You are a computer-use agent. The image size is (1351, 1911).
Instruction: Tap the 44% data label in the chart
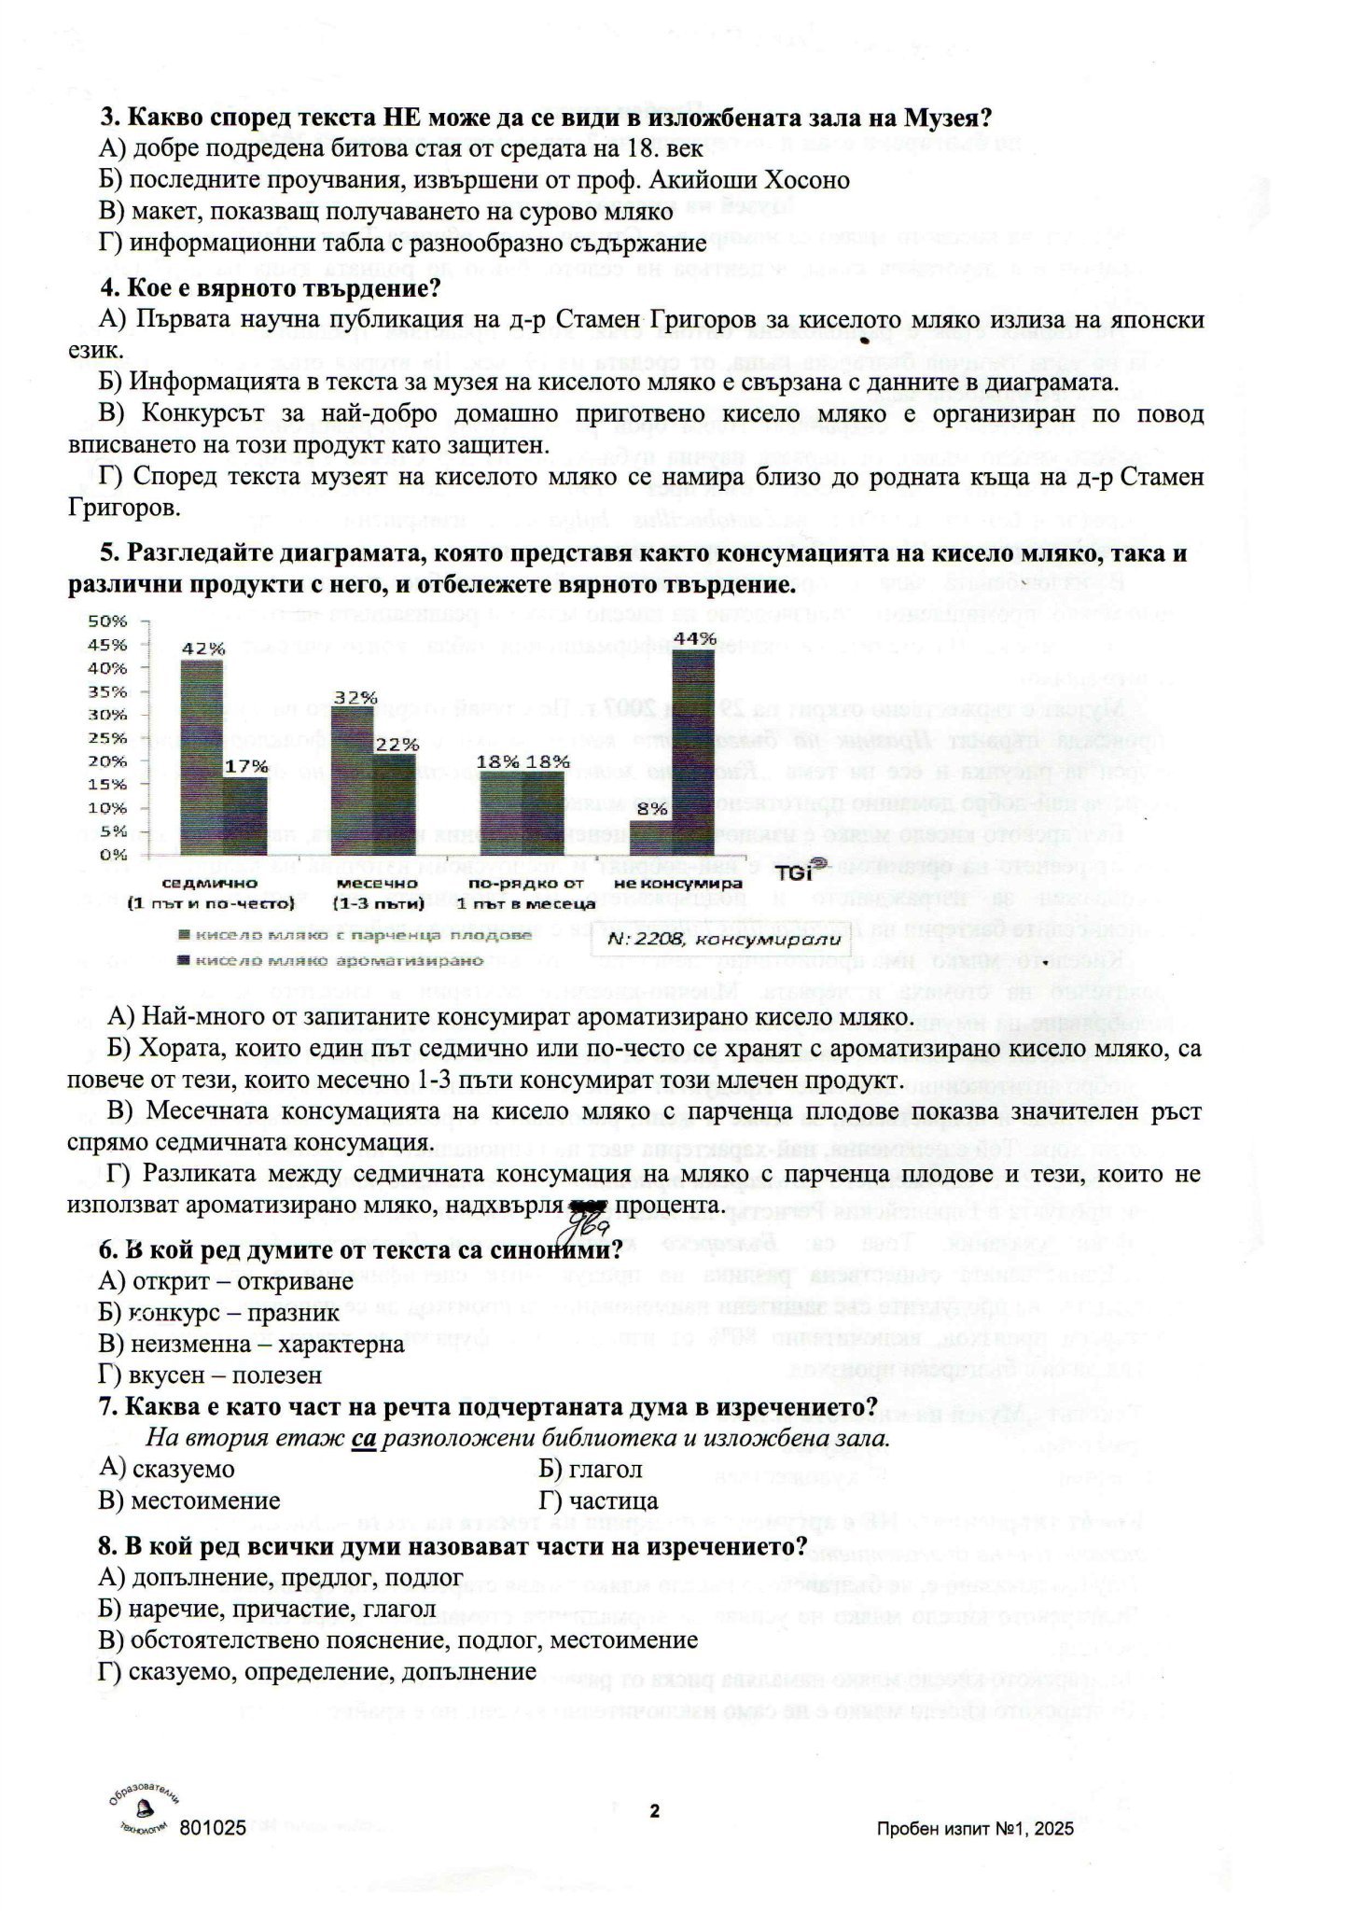click(x=695, y=639)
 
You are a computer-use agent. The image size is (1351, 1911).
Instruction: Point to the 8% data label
click(x=651, y=809)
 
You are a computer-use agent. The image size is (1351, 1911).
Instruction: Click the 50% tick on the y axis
click(x=106, y=621)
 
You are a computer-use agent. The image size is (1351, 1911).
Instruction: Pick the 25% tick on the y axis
click(x=106, y=738)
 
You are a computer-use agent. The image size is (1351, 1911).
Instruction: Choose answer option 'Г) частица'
click(x=598, y=1500)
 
